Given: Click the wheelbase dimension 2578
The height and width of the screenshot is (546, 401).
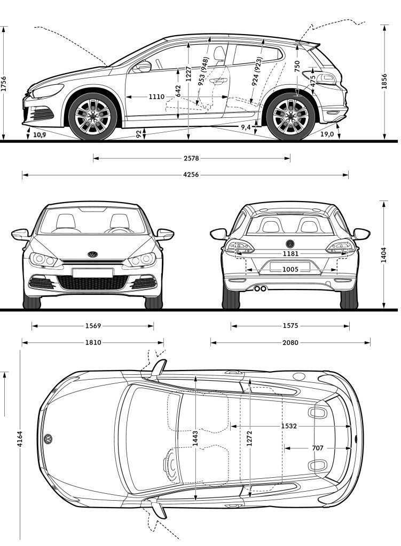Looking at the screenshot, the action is coord(191,158).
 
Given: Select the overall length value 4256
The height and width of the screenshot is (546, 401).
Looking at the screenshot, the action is coord(191,175).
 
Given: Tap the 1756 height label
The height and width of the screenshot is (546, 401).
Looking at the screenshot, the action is coord(4,84).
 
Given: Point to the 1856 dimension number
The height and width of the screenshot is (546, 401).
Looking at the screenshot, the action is coord(384,81).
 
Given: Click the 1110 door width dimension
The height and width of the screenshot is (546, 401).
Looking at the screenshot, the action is coord(156,97).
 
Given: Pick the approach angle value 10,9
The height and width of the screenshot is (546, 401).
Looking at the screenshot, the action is coord(40,135).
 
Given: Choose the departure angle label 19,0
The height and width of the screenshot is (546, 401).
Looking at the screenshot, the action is coord(327,134).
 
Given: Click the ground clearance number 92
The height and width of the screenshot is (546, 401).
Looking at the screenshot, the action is coord(139,134).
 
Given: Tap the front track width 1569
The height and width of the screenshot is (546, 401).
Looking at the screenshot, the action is coord(93,326).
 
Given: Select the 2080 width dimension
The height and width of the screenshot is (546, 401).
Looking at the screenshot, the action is coord(290,343).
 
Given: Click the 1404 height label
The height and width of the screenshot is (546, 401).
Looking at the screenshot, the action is coord(383,254).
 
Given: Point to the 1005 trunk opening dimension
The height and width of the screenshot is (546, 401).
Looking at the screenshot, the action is coord(290,269).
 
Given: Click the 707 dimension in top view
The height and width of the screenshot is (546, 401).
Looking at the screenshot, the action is coord(318,448).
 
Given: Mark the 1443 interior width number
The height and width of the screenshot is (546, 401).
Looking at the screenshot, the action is coord(195,438).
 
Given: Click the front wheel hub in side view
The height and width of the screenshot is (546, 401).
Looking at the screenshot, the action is coord(93,117).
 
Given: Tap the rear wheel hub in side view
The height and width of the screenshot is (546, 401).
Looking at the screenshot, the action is coord(290,117).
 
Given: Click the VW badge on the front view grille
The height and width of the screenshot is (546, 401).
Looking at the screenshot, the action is coord(92,254).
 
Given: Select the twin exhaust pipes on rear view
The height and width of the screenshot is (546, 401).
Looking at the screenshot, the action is coord(261,288).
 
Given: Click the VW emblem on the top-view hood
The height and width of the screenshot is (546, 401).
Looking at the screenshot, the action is coord(48,439).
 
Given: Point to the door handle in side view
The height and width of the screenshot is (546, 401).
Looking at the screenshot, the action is coord(219,81).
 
